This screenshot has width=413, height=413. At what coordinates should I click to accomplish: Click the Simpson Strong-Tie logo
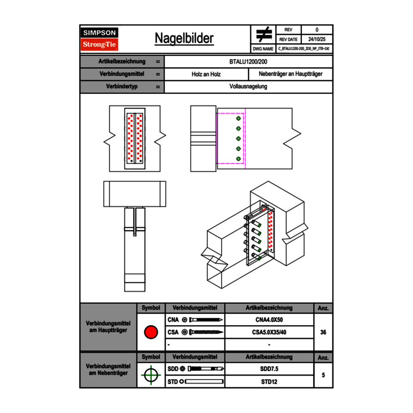100,39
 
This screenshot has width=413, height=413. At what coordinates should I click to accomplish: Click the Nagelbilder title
184,38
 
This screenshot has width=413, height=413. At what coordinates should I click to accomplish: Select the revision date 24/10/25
317,39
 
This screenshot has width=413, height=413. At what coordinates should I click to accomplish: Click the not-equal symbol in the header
264,34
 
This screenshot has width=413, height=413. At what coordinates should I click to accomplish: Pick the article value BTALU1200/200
249,61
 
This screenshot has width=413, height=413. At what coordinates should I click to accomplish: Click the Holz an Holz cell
206,74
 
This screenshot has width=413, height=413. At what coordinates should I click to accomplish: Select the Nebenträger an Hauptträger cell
291,74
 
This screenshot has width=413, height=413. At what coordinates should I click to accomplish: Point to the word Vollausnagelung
249,87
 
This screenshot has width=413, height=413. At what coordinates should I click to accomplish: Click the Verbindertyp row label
122,87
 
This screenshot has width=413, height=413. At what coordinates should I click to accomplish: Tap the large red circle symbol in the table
151,332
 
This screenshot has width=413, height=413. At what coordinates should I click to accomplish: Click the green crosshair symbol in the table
151,375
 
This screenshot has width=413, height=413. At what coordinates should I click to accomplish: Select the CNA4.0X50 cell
269,320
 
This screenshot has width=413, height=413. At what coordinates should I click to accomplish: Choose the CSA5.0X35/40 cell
269,332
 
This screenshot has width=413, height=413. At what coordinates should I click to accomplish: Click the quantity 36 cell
323,332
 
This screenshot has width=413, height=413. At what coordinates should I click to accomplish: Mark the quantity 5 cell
323,375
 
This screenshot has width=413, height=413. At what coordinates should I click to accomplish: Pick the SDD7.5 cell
269,369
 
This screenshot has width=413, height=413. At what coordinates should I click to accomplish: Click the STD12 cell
269,382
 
